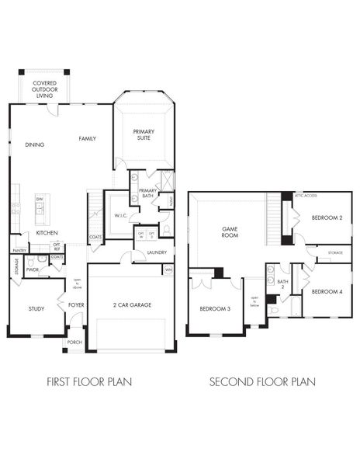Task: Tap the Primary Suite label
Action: (x=144, y=135)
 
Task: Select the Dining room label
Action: (x=34, y=144)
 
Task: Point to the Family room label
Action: (x=87, y=139)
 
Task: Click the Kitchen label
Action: (x=47, y=233)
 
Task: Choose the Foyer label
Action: (x=76, y=305)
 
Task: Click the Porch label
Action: (x=74, y=343)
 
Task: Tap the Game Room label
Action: (x=230, y=232)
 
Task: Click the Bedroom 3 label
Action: (x=214, y=309)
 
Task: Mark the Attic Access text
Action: (x=305, y=196)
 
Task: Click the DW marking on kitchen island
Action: (x=39, y=200)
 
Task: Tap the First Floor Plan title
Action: (x=89, y=381)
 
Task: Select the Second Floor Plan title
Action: (x=262, y=381)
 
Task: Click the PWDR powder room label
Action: (x=32, y=270)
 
